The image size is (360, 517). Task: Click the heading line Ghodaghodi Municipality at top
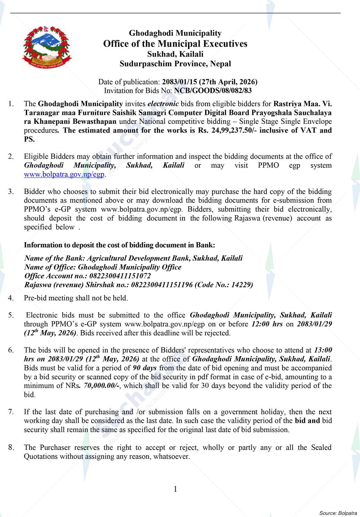[x=175, y=33]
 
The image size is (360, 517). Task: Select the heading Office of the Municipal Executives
[x=175, y=44]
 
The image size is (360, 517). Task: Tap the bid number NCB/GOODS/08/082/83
[x=213, y=90]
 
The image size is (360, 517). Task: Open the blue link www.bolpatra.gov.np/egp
[x=64, y=175]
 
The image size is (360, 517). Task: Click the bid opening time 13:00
[x=323, y=350]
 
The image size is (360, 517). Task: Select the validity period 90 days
[x=145, y=368]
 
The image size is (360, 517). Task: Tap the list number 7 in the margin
[x=11, y=412]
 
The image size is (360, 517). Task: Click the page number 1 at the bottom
[x=175, y=489]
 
